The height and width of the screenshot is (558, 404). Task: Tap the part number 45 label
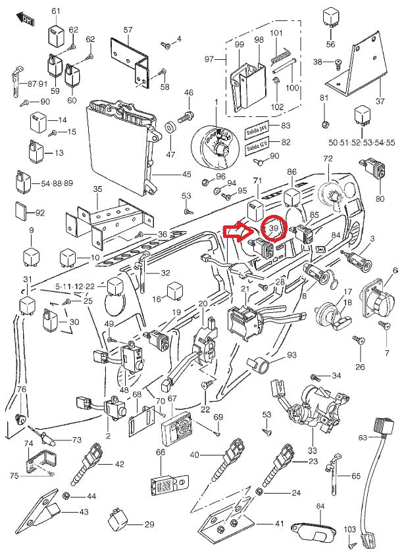pyautogui.click(x=186, y=175)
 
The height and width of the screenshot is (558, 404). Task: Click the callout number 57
pyautogui.click(x=128, y=30)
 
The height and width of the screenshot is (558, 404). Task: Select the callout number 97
pyautogui.click(x=209, y=60)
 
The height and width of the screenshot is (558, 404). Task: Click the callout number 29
pyautogui.click(x=149, y=524)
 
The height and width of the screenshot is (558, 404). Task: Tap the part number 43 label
pyautogui.click(x=84, y=511)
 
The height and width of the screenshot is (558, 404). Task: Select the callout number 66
pyautogui.click(x=160, y=452)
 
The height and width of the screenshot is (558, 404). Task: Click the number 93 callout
pyautogui.click(x=291, y=356)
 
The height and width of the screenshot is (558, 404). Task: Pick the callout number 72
pyautogui.click(x=328, y=159)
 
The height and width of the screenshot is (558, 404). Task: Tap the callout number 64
pyautogui.click(x=320, y=506)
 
